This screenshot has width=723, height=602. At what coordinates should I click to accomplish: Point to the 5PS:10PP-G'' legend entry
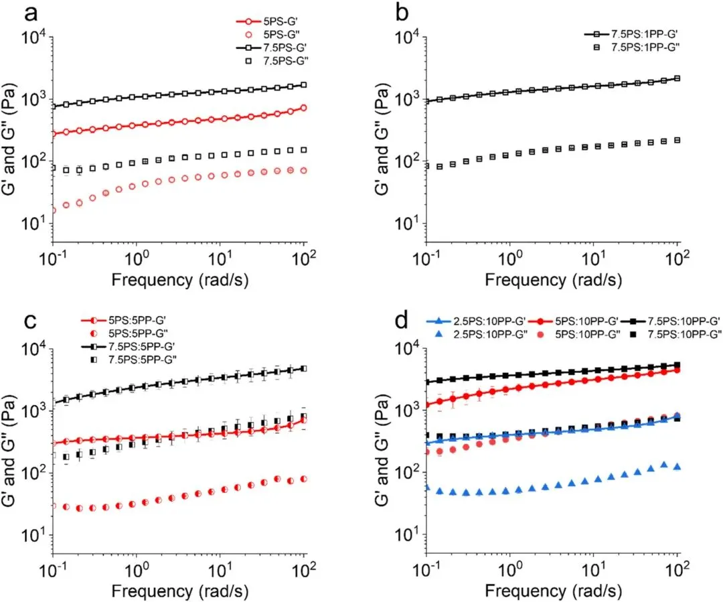pos(582,333)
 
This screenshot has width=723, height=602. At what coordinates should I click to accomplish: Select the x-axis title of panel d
pos(552,589)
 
